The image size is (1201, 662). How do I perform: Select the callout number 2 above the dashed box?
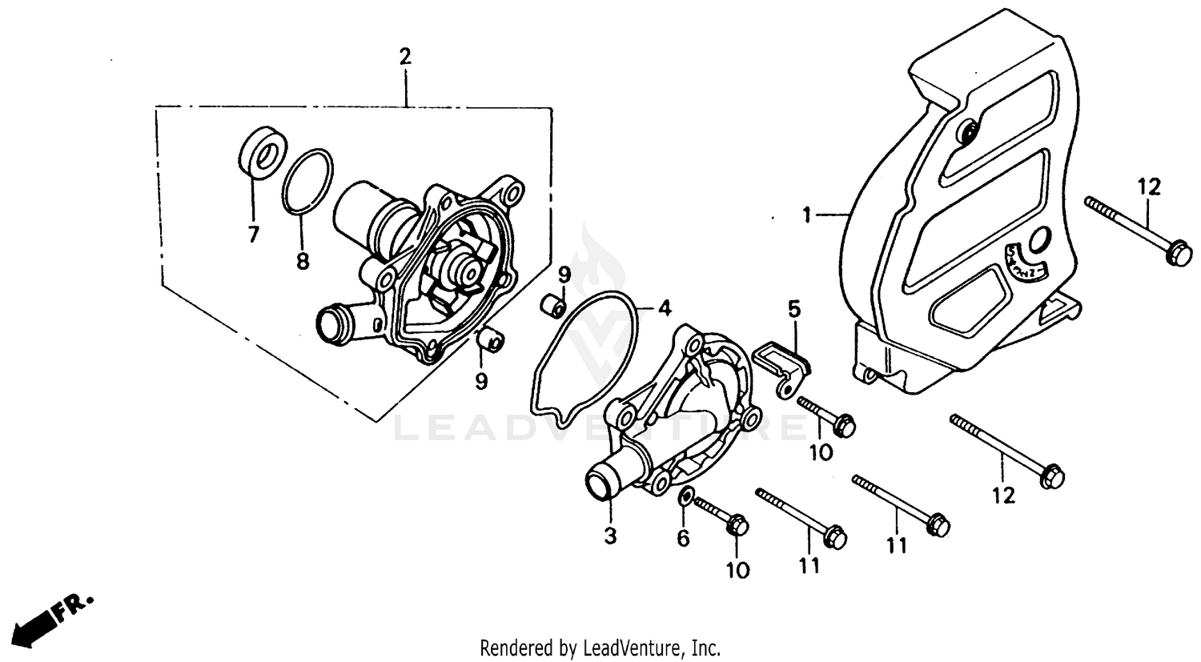(x=405, y=57)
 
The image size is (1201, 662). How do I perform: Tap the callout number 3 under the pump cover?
(x=610, y=536)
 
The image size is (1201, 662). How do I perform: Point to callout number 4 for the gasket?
(x=665, y=307)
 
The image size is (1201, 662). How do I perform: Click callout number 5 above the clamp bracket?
(x=793, y=308)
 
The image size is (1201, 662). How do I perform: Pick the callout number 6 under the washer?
(x=683, y=539)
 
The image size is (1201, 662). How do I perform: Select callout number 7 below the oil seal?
(x=253, y=235)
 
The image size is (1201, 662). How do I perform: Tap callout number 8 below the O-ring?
(x=303, y=261)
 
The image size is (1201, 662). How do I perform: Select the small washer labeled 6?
(x=685, y=497)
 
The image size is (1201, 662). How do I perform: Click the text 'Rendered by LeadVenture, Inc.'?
(x=600, y=647)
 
